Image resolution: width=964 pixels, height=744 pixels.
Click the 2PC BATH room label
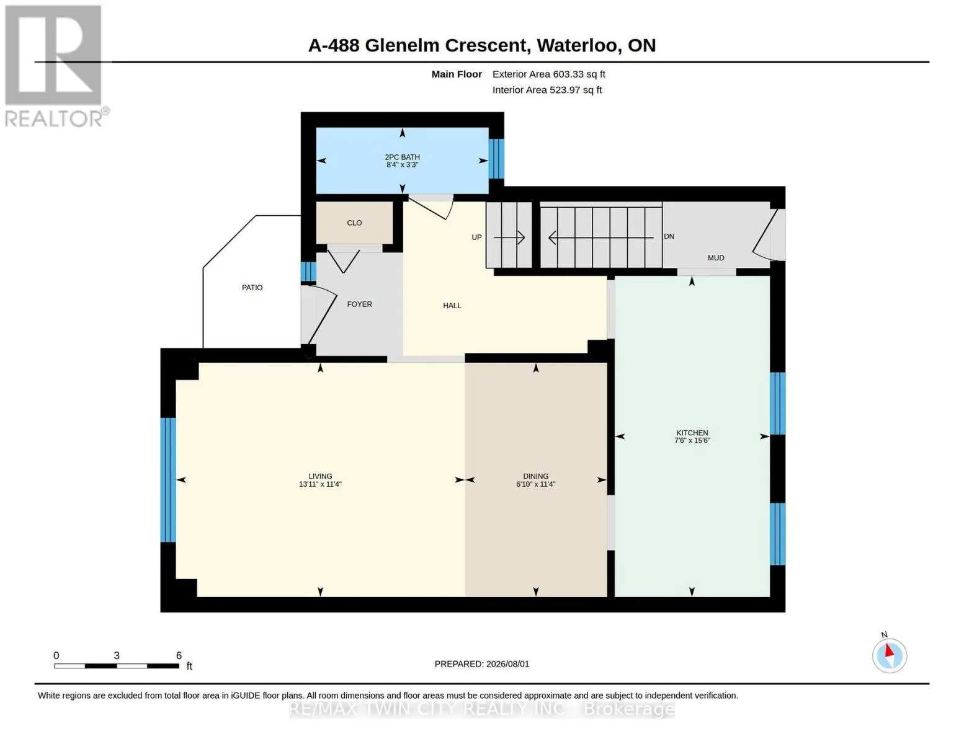tap(402, 157)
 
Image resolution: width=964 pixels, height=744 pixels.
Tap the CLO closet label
tap(354, 223)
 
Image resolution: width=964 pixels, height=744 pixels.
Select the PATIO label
tap(252, 287)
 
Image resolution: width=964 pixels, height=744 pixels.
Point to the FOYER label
tap(359, 304)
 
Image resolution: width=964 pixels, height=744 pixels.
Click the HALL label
tap(452, 306)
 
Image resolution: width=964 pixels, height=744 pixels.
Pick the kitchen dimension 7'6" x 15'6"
tap(692, 440)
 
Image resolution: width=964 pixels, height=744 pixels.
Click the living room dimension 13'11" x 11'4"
tap(320, 484)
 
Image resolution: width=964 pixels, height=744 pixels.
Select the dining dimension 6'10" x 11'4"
tap(535, 484)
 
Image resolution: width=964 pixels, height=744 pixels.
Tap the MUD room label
tap(716, 257)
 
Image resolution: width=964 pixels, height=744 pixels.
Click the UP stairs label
tap(476, 237)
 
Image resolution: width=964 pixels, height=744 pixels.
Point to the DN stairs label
tap(669, 236)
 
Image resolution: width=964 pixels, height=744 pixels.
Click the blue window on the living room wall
tap(168, 480)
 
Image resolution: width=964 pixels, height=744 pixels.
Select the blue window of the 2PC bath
tap(496, 159)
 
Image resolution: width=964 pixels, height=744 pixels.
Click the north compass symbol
tap(890, 655)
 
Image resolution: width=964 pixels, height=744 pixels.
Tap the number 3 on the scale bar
tap(117, 655)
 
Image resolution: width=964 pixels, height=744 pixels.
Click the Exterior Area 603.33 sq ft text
tap(549, 74)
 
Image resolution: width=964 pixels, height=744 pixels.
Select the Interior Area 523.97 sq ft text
tap(547, 90)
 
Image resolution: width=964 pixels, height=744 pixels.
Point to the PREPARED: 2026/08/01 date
tap(482, 664)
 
